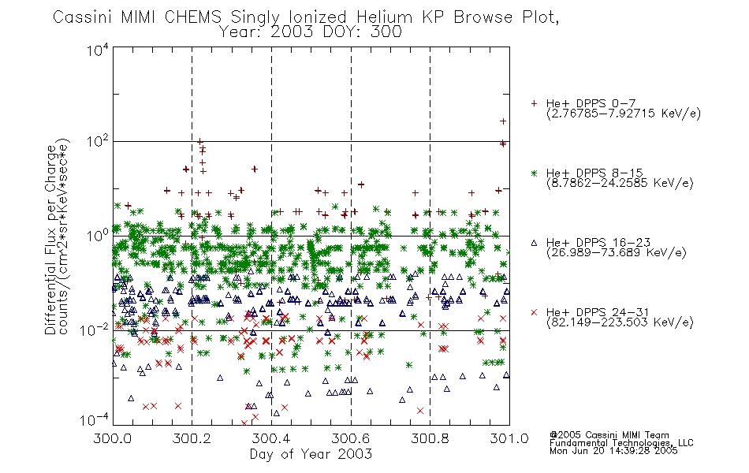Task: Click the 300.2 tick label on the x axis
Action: pyautogui.click(x=192, y=438)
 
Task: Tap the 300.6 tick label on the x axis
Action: pyautogui.click(x=351, y=438)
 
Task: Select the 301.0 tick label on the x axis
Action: pyautogui.click(x=509, y=438)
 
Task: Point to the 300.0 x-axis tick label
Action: pyautogui.click(x=113, y=438)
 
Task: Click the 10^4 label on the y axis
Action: pyautogui.click(x=98, y=50)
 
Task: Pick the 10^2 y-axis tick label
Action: pyautogui.click(x=98, y=141)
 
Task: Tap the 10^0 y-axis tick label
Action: pyautogui.click(x=98, y=236)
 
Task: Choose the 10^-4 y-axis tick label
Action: pyautogui.click(x=95, y=419)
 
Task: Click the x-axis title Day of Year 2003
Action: pyautogui.click(x=311, y=454)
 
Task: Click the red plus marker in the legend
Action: pyautogui.click(x=534, y=103)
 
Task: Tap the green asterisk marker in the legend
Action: pyautogui.click(x=534, y=173)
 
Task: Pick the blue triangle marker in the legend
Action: pyautogui.click(x=534, y=243)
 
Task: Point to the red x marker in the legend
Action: pyautogui.click(x=534, y=312)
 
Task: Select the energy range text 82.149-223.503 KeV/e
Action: pyautogui.click(x=620, y=322)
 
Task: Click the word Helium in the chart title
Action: pyautogui.click(x=384, y=17)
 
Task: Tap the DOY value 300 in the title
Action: pyautogui.click(x=387, y=32)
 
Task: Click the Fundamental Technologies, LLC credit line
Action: pyautogui.click(x=621, y=443)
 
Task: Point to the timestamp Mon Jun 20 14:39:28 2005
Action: pyautogui.click(x=613, y=451)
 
